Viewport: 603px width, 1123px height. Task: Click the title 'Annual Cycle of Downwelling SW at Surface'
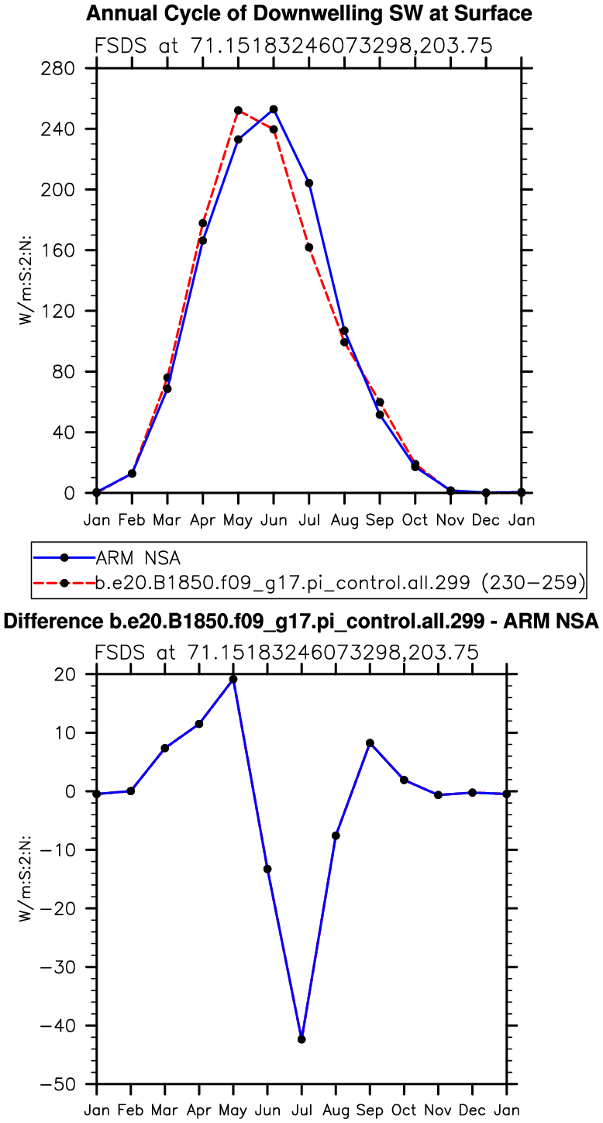pyautogui.click(x=308, y=13)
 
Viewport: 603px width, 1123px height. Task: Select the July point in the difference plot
pyautogui.click(x=301, y=1039)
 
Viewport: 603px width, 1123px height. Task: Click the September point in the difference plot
pyautogui.click(x=370, y=743)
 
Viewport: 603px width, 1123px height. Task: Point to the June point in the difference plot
pyautogui.click(x=267, y=869)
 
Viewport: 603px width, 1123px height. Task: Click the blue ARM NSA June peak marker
pyautogui.click(x=274, y=109)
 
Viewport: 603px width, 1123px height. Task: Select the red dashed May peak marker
pyautogui.click(x=238, y=110)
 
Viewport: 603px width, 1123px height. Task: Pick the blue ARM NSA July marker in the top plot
pyautogui.click(x=309, y=183)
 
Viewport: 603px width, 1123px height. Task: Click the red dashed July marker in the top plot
pyautogui.click(x=309, y=247)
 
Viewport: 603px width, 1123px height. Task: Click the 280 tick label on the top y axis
pyautogui.click(x=58, y=68)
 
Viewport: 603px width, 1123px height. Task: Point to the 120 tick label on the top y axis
pyautogui.click(x=58, y=311)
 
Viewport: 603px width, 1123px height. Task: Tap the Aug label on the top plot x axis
pyautogui.click(x=345, y=519)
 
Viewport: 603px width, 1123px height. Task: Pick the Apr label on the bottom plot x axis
pyautogui.click(x=199, y=1111)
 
